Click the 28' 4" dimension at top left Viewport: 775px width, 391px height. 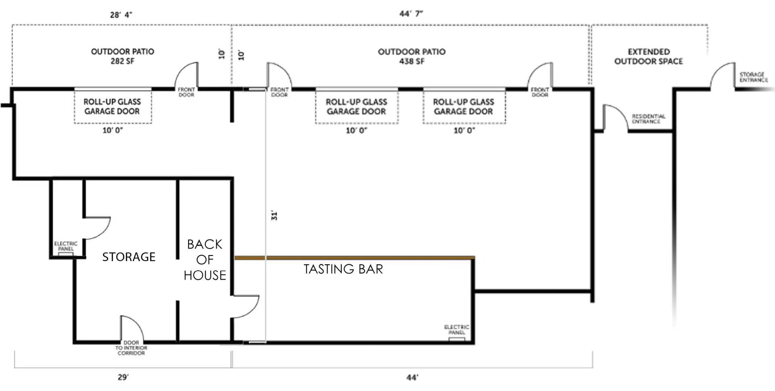point(121,15)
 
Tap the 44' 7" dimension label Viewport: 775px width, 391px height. point(411,14)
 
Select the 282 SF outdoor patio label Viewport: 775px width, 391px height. point(122,56)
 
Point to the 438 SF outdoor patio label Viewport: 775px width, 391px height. point(412,56)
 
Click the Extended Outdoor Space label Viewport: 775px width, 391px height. point(649,56)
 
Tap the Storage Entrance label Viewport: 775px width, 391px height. point(753,77)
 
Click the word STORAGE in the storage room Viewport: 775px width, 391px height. point(129,257)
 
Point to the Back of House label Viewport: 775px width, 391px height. point(205,260)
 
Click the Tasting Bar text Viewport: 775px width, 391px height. point(343,269)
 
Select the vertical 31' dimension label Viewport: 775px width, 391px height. point(274,215)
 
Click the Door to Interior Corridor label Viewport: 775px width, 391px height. point(131,348)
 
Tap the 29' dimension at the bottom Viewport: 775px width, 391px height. point(123,377)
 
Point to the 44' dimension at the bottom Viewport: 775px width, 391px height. point(412,378)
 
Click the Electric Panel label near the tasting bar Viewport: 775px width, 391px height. point(456,330)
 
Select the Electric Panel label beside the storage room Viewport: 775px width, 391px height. point(66,246)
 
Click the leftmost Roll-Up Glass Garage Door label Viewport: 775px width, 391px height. point(112,107)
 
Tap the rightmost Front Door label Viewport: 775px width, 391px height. point(540,92)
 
